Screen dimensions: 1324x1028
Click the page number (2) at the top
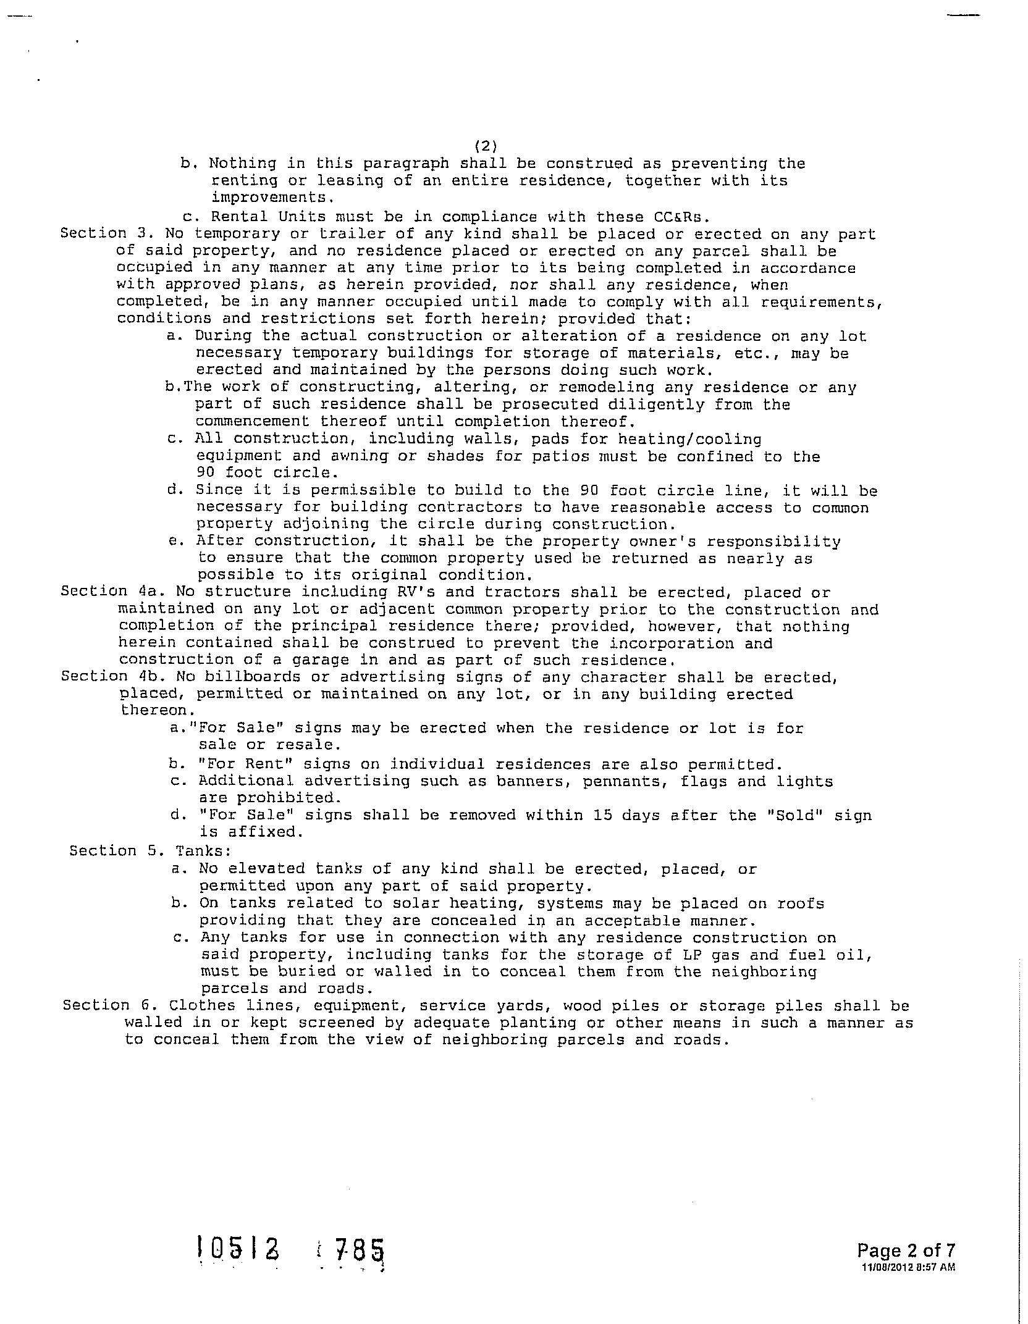click(486, 146)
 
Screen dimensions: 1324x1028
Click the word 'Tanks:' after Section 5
click(203, 851)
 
